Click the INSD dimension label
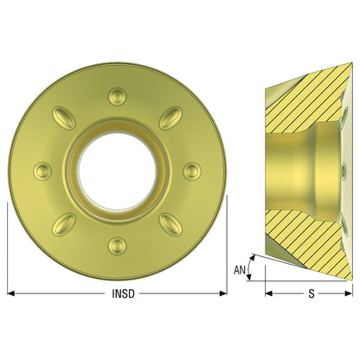pyautogui.click(x=123, y=293)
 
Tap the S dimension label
pyautogui.click(x=312, y=293)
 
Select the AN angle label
pyautogui.click(x=240, y=270)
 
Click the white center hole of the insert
pyautogui.click(x=118, y=171)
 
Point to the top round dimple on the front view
pyautogui.click(x=117, y=97)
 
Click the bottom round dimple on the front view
pyautogui.click(x=117, y=246)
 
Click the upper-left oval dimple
pyautogui.click(x=64, y=119)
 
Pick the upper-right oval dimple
pyautogui.click(x=170, y=119)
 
